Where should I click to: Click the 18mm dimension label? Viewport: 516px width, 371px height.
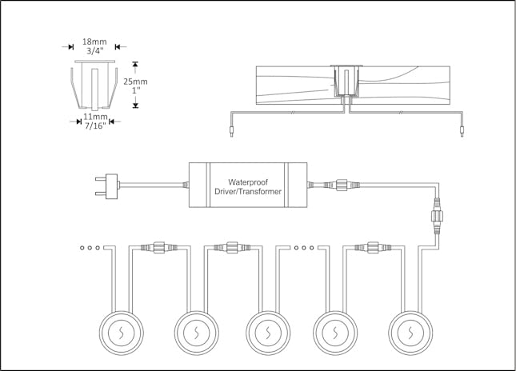[95, 40]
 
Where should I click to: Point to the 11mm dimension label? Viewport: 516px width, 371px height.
[95, 117]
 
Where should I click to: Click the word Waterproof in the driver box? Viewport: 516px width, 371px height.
[251, 181]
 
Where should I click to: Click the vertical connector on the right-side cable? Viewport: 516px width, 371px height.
[438, 215]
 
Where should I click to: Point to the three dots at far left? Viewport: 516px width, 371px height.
[90, 248]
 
